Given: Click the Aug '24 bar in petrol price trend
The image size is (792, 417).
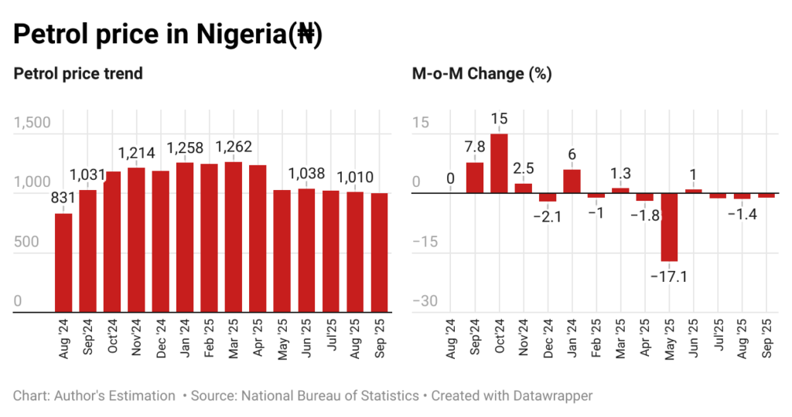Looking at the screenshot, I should [x=63, y=263].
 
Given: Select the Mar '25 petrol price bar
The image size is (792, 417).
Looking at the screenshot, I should [x=234, y=237].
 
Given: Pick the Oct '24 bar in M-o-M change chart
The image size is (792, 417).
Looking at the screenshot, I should [x=499, y=163].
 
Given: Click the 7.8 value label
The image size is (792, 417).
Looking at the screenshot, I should [x=474, y=147].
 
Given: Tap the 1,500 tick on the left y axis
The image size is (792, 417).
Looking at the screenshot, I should [x=32, y=124].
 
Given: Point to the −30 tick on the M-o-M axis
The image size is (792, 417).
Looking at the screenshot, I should [x=424, y=301].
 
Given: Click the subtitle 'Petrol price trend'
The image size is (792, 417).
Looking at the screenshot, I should [x=78, y=74].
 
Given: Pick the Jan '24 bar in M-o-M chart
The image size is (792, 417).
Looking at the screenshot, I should [x=572, y=181].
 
